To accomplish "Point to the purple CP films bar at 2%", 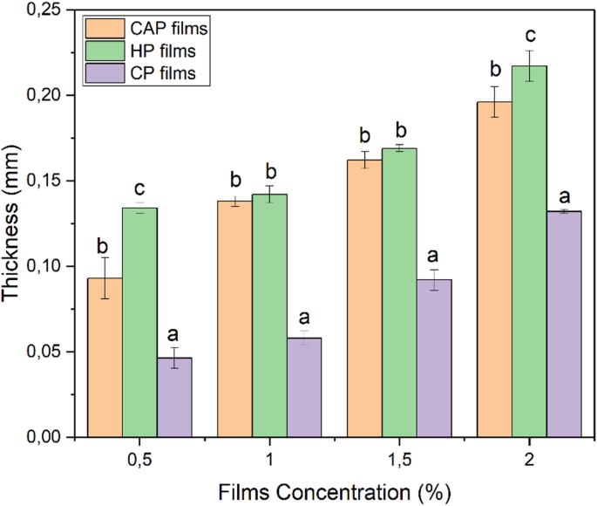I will click(x=564, y=323).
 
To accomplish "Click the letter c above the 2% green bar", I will click(x=528, y=37).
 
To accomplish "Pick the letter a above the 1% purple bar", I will click(x=304, y=318).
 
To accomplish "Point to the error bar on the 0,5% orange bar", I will click(x=105, y=278).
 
